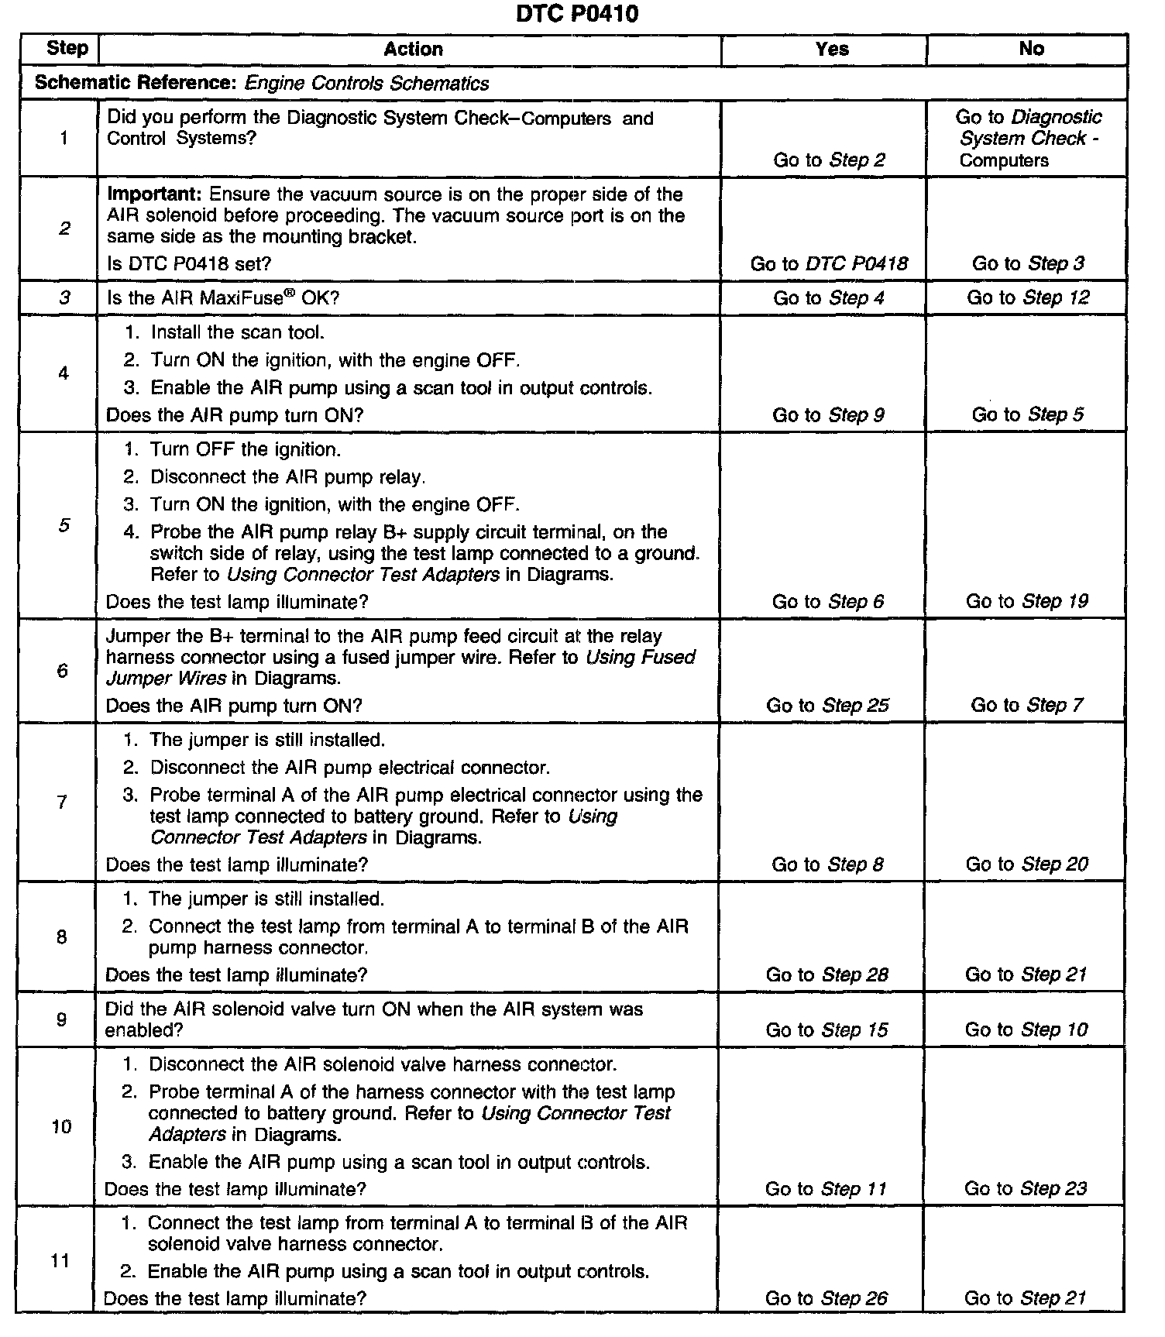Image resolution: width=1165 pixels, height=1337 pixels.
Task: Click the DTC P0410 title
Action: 577,14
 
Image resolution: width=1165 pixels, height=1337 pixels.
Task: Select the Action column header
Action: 413,50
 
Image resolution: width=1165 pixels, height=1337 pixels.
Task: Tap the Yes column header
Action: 832,50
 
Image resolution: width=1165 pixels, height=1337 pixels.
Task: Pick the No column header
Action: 1031,49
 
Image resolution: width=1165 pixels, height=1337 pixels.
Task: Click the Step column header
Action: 67,48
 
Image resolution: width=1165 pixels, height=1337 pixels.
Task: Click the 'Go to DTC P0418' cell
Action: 829,264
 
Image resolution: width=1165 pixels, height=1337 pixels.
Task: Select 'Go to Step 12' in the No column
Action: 1028,298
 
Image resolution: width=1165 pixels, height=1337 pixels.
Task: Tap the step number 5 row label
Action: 64,526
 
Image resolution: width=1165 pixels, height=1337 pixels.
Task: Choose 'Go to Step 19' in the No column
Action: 1026,601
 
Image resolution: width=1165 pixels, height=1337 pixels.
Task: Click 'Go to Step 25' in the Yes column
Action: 827,706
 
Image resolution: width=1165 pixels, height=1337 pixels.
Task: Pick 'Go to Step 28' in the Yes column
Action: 826,974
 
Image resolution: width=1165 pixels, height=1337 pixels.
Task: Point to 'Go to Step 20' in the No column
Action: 1026,864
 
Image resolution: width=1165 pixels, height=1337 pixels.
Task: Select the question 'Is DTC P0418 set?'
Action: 189,264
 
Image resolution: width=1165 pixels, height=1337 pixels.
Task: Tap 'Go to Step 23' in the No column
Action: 1026,1188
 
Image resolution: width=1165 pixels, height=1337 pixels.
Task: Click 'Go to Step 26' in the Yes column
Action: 826,1298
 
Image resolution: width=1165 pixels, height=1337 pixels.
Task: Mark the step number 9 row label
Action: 62,1019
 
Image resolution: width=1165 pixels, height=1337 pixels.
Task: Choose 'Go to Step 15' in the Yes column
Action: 826,1030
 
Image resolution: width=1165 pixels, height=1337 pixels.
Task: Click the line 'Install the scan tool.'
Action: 237,333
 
